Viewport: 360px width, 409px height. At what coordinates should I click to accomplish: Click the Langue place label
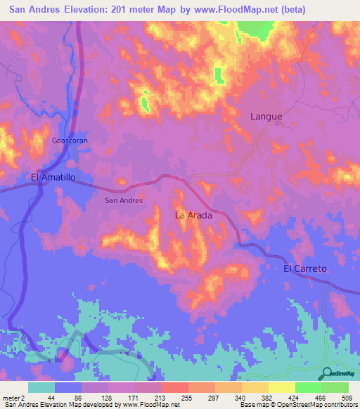pos(266,117)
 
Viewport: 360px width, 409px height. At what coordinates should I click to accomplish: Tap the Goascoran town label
pos(70,140)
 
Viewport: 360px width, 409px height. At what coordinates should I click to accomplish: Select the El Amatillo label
pos(53,178)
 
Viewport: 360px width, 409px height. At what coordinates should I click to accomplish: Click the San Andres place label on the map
pos(124,200)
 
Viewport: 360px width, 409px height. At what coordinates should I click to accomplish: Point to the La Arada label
pos(193,215)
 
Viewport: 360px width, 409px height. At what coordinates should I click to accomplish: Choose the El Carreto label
pos(306,269)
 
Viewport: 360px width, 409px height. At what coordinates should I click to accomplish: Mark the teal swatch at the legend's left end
pos(41,387)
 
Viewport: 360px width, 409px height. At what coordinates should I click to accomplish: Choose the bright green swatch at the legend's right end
pos(335,387)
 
